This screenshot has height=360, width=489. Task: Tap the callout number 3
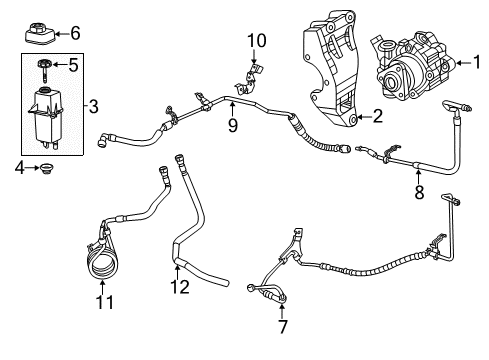[92, 105]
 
